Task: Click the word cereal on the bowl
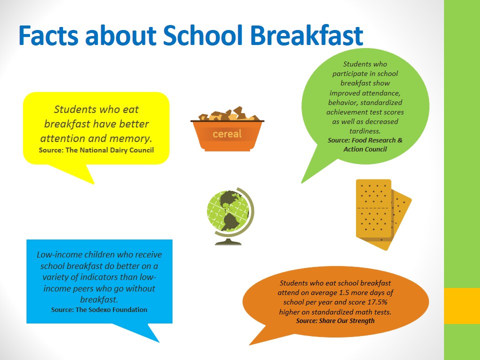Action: (227, 134)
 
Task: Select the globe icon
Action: (230, 216)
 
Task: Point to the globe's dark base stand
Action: (228, 241)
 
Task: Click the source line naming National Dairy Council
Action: (96, 150)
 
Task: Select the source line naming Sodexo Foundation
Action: (99, 310)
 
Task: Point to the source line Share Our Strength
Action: (335, 321)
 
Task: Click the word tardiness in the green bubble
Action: (365, 131)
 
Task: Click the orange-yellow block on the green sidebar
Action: (462, 306)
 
